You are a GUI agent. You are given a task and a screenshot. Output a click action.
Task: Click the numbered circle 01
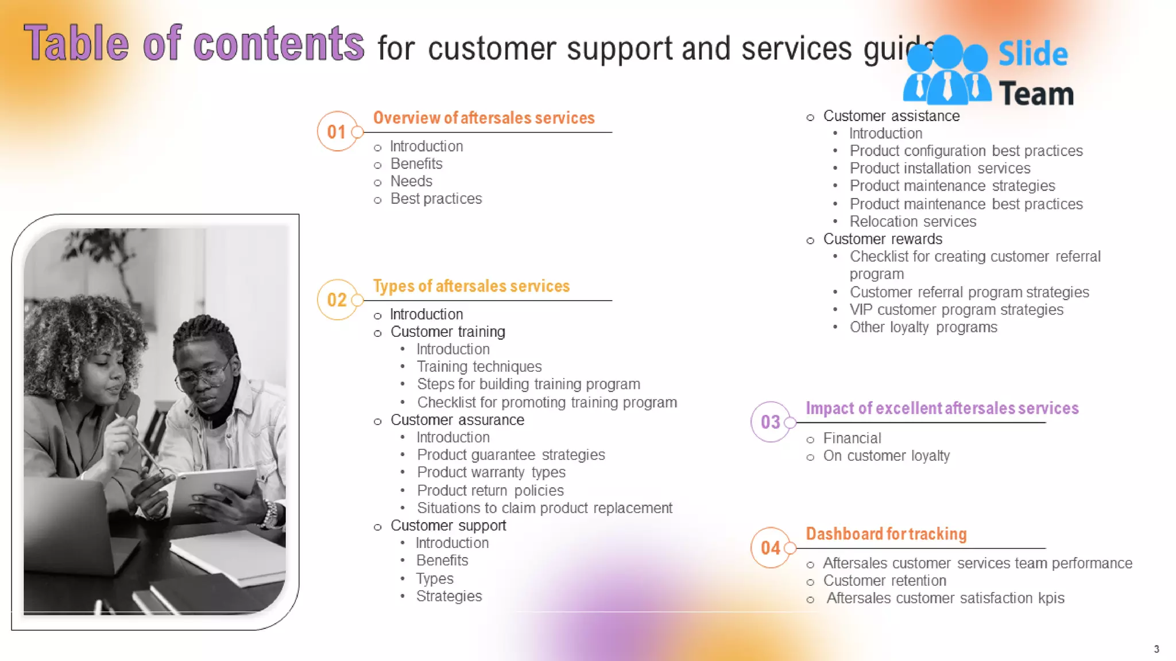(x=337, y=131)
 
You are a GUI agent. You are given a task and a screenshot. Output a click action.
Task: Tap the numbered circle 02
(x=337, y=300)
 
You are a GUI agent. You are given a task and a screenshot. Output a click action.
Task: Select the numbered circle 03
(x=771, y=422)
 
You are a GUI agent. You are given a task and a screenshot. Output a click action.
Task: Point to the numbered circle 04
(x=771, y=547)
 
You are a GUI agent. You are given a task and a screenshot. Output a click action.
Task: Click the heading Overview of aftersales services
(x=483, y=118)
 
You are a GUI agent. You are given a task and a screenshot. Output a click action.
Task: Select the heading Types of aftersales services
(x=471, y=286)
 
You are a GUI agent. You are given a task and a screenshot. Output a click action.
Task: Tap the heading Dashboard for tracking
(x=886, y=534)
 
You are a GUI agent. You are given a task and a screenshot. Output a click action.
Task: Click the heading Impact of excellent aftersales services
(x=942, y=408)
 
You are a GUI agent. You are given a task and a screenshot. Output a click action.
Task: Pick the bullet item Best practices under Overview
(x=436, y=199)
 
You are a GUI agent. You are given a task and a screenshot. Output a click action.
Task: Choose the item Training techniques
(x=479, y=367)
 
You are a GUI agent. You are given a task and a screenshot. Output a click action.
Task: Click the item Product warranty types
(x=491, y=472)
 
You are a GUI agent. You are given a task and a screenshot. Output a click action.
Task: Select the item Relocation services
(x=912, y=221)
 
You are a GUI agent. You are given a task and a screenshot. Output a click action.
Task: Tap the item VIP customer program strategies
(x=956, y=310)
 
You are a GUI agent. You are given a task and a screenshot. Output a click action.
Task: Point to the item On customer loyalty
(x=886, y=456)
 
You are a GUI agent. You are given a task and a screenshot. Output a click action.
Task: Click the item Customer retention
(x=884, y=581)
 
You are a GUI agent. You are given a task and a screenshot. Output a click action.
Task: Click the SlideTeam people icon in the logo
(x=947, y=70)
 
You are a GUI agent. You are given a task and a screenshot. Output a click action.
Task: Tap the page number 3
(x=1156, y=649)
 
